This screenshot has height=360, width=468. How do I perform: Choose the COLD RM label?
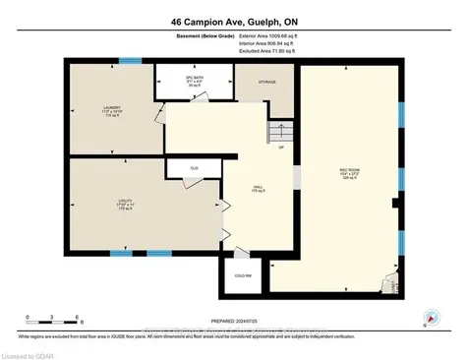(243, 275)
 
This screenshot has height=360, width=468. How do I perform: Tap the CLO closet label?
(196, 168)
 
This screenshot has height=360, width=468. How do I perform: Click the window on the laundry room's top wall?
(125, 61)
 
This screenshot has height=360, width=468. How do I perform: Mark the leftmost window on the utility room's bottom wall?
(121, 254)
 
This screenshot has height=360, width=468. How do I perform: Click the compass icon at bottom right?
(430, 318)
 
